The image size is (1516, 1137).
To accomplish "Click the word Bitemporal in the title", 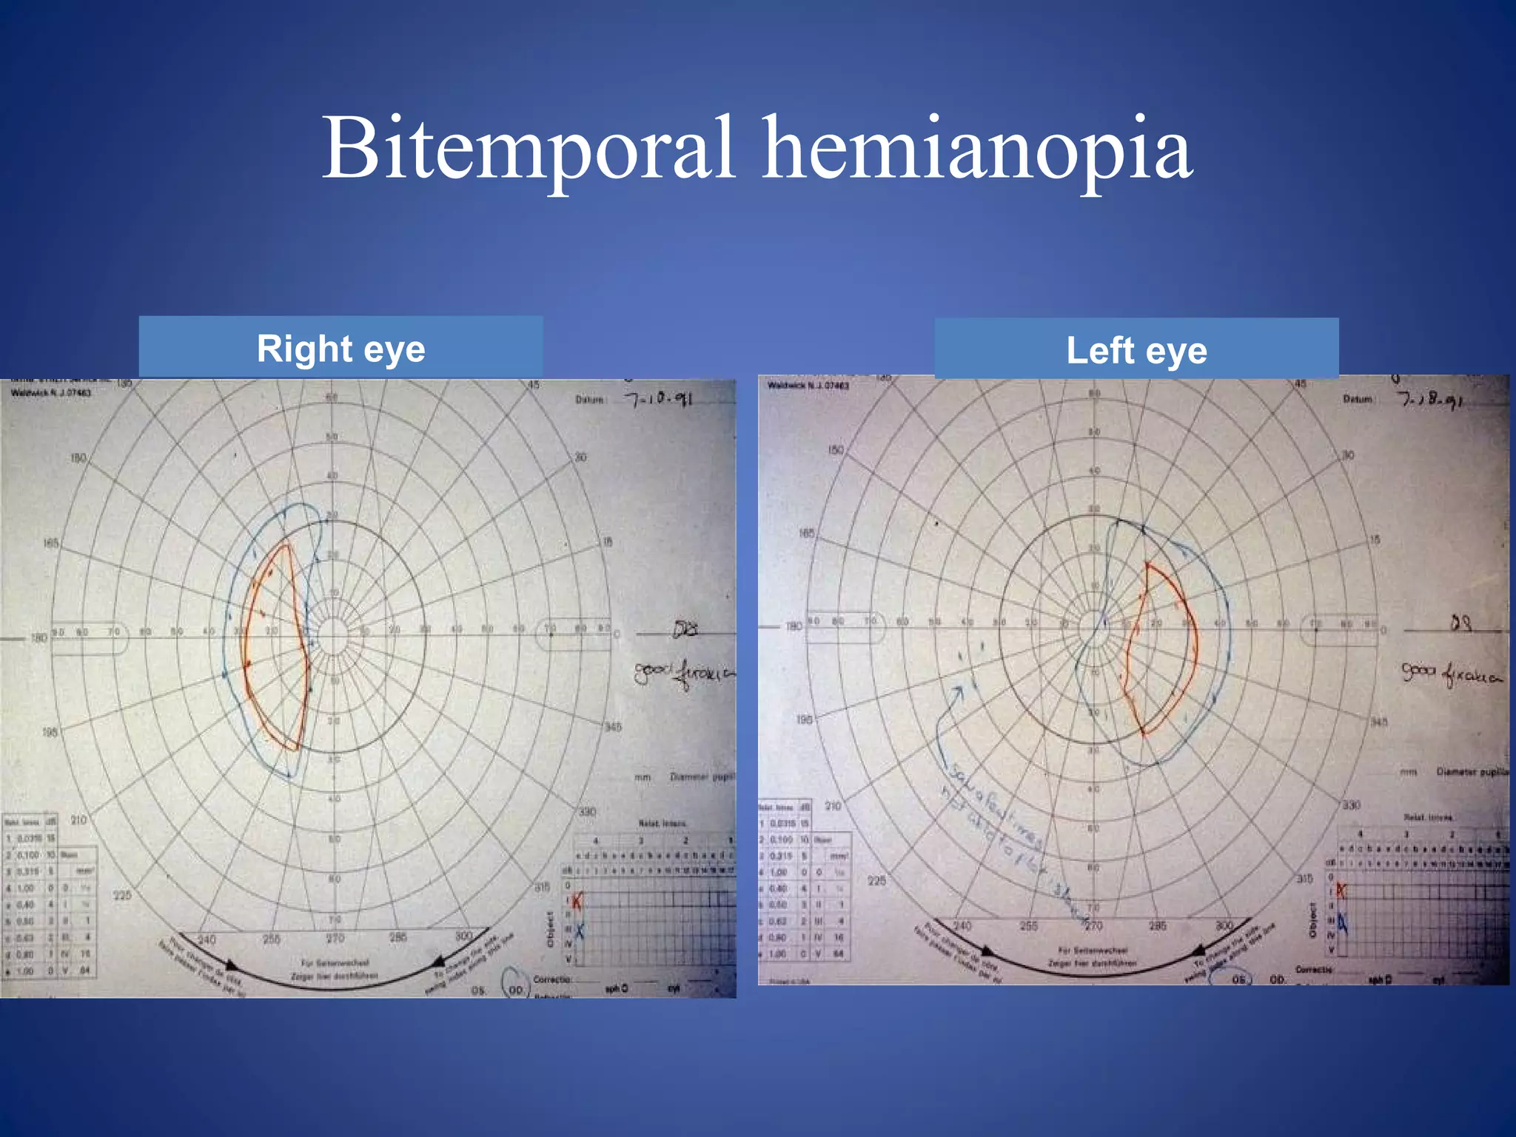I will tap(529, 148).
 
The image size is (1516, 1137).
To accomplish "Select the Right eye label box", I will tap(341, 348).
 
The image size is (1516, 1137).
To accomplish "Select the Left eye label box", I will tap(1136, 349).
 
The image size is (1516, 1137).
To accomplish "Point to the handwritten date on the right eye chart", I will tap(658, 400).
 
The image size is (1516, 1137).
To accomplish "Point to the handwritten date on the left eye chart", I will tap(1429, 400).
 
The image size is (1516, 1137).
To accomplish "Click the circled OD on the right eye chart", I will tap(516, 989).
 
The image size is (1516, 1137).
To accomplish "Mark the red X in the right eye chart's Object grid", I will tap(577, 900).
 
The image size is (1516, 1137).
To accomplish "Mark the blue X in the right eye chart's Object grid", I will tap(579, 931).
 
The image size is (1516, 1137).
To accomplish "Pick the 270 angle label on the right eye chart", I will tap(335, 938).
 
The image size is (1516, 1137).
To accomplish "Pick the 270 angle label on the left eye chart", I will tap(1093, 925).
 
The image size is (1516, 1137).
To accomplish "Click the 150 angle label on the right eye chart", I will tap(78, 458).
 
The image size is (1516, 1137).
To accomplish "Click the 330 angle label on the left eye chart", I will tap(1352, 805).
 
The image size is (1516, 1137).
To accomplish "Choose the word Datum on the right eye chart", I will tap(591, 400).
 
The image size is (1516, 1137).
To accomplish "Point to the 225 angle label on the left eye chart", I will tap(876, 880).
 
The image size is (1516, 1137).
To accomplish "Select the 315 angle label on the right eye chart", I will tap(543, 887).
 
